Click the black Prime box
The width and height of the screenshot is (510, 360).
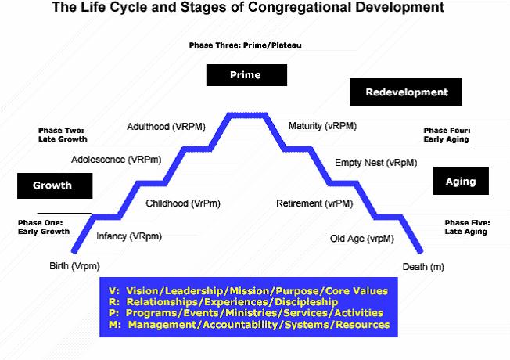[x=245, y=75]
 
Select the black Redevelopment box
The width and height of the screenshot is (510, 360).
[x=407, y=92]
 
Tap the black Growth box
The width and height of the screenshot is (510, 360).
[x=54, y=185]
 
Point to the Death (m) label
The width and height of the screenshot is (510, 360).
[x=424, y=267]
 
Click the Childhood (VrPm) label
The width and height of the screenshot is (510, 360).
[x=183, y=203]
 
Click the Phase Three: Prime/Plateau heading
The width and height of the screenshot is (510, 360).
[x=245, y=45]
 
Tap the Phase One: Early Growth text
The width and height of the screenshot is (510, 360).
[x=44, y=227]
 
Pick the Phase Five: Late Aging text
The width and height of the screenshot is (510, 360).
[x=468, y=227]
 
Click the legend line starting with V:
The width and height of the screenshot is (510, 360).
[x=248, y=290]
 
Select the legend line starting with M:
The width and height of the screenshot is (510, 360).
[x=249, y=324]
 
